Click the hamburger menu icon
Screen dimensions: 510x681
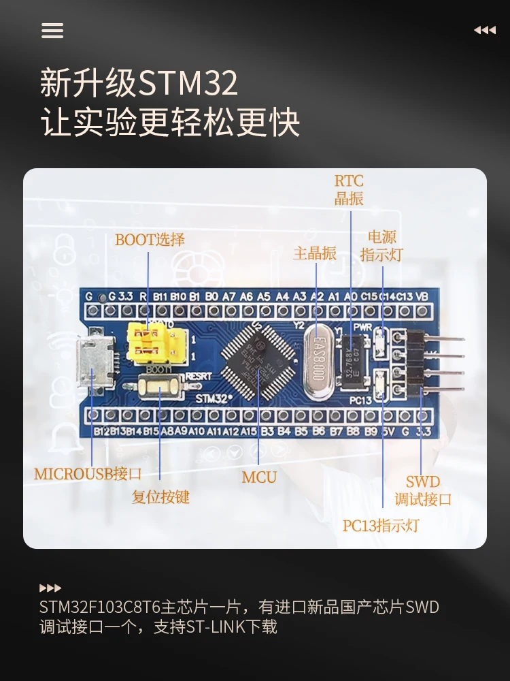52,31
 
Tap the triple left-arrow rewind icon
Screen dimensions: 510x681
484,31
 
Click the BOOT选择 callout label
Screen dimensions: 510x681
150,240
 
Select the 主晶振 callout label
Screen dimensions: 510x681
315,253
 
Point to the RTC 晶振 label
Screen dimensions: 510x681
349,190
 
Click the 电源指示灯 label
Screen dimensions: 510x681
381,246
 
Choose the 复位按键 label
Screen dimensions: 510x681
160,497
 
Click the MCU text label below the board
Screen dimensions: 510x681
259,477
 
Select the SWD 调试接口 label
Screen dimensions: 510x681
423,491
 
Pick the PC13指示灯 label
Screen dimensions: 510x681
381,526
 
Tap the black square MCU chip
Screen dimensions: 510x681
259,360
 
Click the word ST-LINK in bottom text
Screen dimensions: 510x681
218,627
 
